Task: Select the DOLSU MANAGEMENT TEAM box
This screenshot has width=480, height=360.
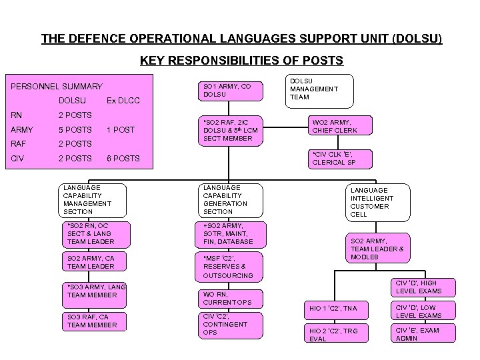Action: (319, 89)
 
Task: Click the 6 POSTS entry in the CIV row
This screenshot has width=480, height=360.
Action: (123, 159)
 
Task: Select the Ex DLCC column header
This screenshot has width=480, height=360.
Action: (123, 101)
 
